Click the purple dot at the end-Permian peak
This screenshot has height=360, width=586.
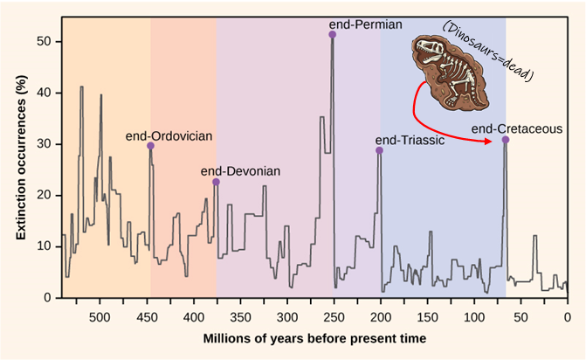click(x=333, y=34)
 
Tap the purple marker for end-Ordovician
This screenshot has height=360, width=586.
click(x=150, y=146)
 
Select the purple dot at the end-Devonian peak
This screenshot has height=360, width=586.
click(x=216, y=182)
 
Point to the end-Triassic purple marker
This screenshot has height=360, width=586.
click(x=379, y=150)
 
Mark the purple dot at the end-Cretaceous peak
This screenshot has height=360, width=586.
click(x=506, y=140)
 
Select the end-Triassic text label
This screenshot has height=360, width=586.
click(x=410, y=141)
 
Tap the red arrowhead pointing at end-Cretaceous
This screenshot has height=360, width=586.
click(x=494, y=140)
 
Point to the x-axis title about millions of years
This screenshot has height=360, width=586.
click(x=315, y=337)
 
